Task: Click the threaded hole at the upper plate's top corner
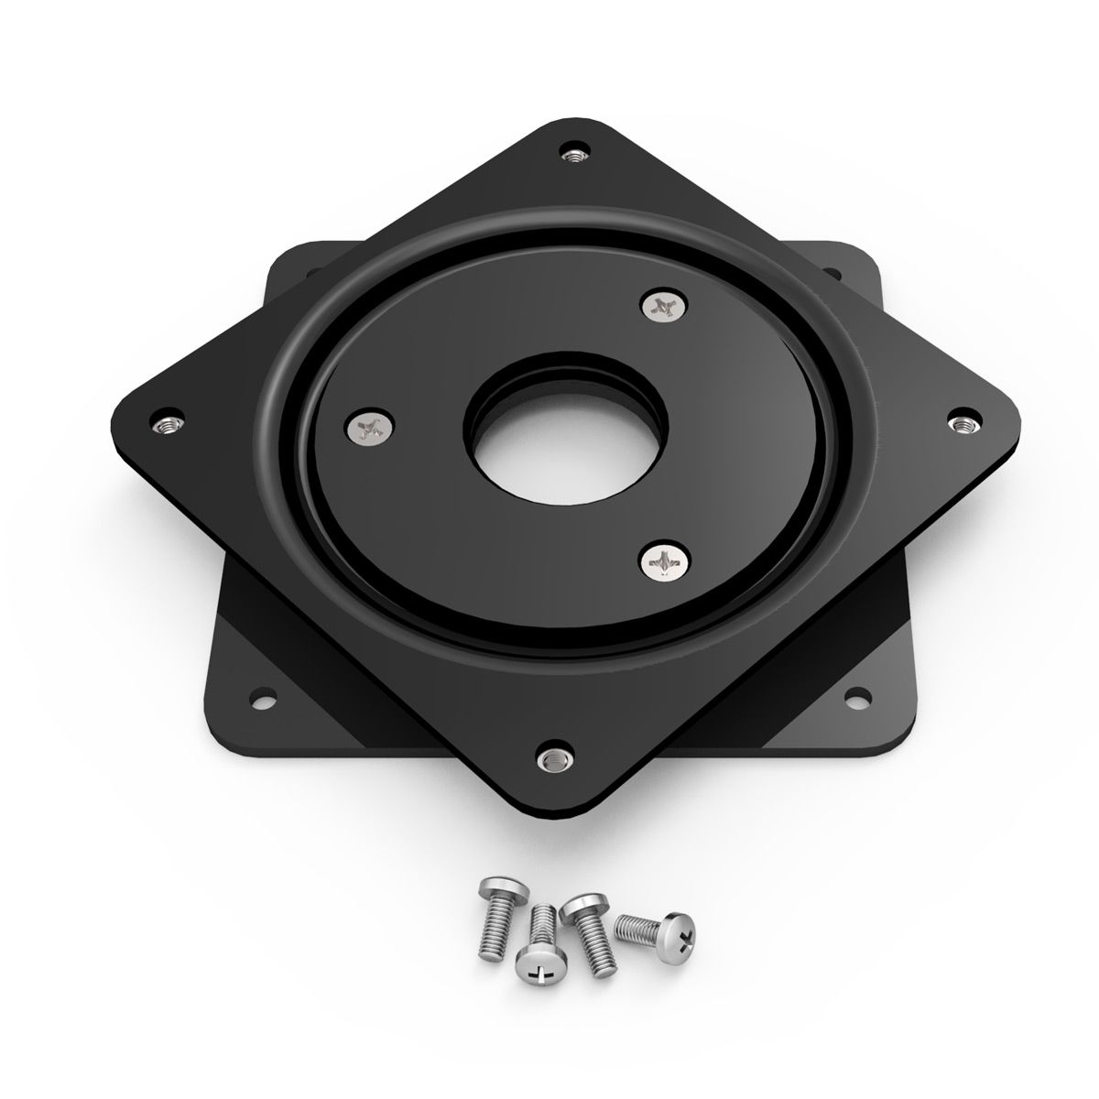coord(574,153)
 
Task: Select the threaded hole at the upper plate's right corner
coord(962,423)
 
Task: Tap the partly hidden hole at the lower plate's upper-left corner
coord(308,271)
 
